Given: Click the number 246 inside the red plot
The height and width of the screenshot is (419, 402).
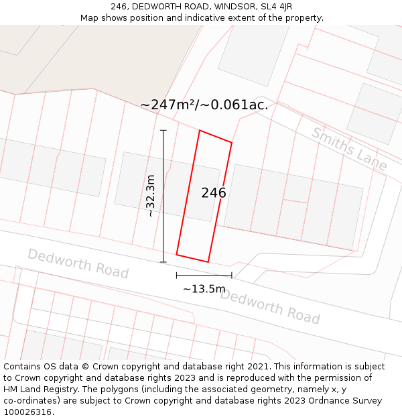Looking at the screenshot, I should pyautogui.click(x=214, y=193).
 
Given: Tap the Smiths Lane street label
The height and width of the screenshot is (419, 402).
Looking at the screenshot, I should pyautogui.click(x=349, y=149).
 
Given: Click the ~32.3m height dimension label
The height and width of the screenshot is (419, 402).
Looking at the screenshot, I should pyautogui.click(x=151, y=196).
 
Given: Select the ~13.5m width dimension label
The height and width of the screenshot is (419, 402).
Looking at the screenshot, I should pyautogui.click(x=204, y=289).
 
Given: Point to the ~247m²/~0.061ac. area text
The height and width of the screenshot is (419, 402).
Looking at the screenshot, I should pyautogui.click(x=204, y=105).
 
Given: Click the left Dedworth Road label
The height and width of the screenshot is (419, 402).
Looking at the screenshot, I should pyautogui.click(x=78, y=263).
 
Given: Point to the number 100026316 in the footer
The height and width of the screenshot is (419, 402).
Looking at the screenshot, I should pyautogui.click(x=26, y=412).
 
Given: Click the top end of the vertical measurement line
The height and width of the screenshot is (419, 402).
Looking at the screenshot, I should pyautogui.click(x=163, y=130).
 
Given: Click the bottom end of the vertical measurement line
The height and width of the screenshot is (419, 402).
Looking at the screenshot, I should pyautogui.click(x=163, y=262).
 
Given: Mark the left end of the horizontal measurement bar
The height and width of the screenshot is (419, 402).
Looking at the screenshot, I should pyautogui.click(x=177, y=275).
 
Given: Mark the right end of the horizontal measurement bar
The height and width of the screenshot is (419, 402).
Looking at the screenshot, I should pyautogui.click(x=232, y=275).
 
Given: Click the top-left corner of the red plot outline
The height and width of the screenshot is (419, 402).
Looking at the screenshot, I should pyautogui.click(x=200, y=131).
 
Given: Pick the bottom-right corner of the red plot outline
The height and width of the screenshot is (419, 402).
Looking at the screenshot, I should pyautogui.click(x=208, y=261).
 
